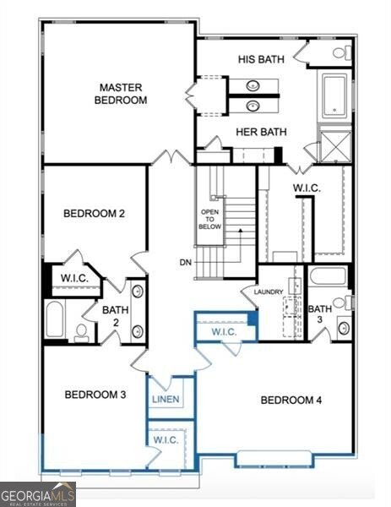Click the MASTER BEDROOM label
point(123,93)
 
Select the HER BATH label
point(261,132)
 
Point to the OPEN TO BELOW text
point(210,219)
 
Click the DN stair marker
point(185,262)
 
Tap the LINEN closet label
point(166,398)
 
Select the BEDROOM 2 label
point(94,213)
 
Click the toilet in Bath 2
point(82,331)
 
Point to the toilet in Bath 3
point(341,303)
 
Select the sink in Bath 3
point(344,328)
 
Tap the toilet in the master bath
point(340,52)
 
